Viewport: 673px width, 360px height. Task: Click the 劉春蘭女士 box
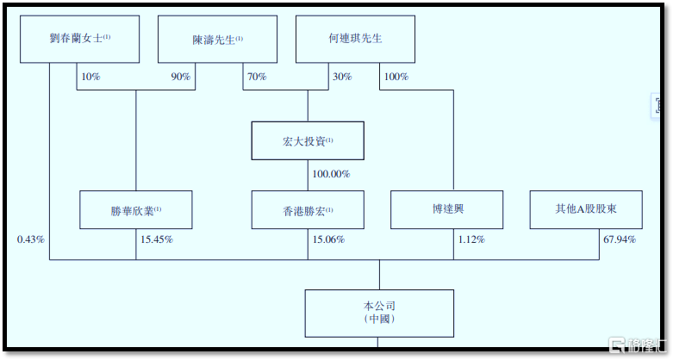point(79,39)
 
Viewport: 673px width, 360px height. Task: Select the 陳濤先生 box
point(217,39)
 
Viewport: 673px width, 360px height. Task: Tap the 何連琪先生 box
point(355,39)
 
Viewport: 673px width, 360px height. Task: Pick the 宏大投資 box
point(308,140)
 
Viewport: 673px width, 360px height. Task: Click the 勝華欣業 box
point(135,210)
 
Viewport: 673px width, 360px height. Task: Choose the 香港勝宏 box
point(308,210)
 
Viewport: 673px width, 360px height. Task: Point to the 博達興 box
point(446,210)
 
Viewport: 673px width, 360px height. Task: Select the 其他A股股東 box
point(586,210)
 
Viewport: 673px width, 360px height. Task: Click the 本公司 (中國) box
point(379,313)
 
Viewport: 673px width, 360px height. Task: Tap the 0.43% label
point(31,239)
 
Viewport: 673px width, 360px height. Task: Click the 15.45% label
point(157,239)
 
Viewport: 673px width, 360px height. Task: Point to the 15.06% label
point(328,239)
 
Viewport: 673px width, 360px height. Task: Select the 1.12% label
point(471,239)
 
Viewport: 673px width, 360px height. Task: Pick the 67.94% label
point(620,239)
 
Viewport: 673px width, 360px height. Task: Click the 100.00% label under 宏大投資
point(331,174)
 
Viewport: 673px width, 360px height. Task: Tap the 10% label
point(90,77)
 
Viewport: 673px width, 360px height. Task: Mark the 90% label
point(181,77)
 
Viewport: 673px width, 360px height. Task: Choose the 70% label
point(257,77)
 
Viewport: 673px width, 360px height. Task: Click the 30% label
point(342,77)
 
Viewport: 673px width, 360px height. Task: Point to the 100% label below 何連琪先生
point(396,77)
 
